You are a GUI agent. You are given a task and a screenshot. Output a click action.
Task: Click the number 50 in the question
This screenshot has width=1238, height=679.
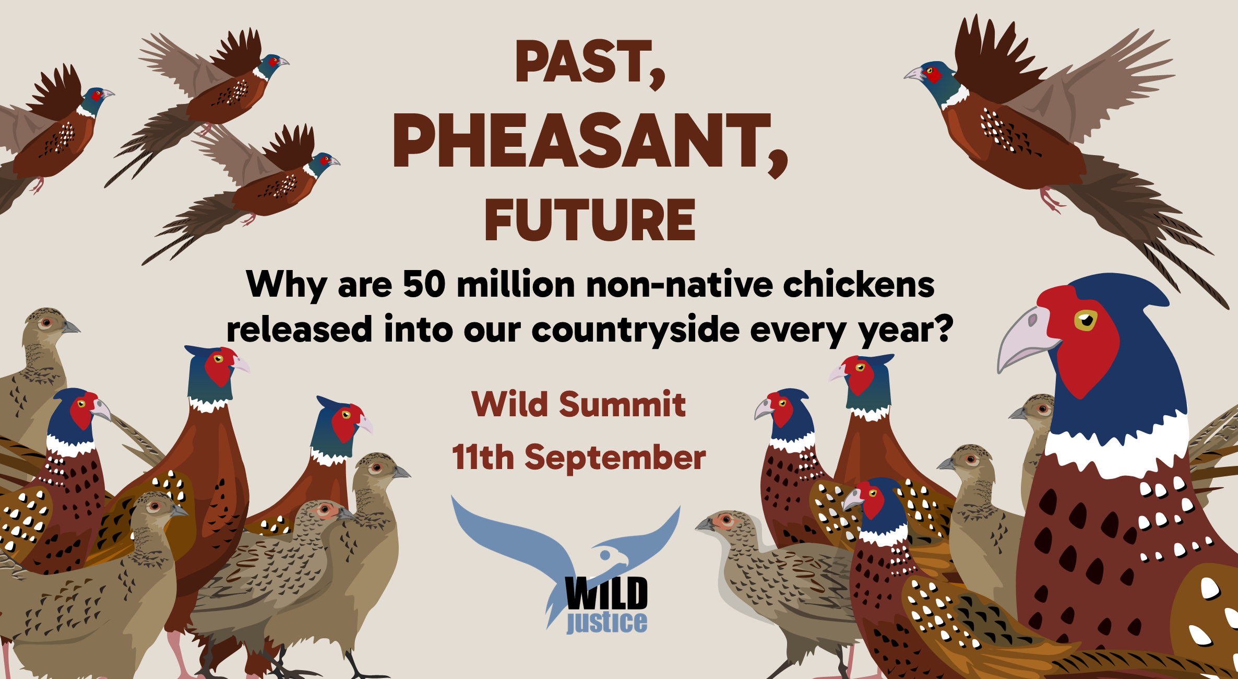[424, 285]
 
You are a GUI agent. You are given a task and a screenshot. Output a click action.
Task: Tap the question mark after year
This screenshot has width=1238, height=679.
[943, 328]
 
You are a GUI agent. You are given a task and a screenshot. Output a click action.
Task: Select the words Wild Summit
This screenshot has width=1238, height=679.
[578, 404]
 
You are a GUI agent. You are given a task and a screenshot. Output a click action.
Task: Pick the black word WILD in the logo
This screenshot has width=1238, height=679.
[606, 593]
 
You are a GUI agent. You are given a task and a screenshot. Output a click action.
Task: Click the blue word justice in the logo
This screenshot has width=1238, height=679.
[607, 622]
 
